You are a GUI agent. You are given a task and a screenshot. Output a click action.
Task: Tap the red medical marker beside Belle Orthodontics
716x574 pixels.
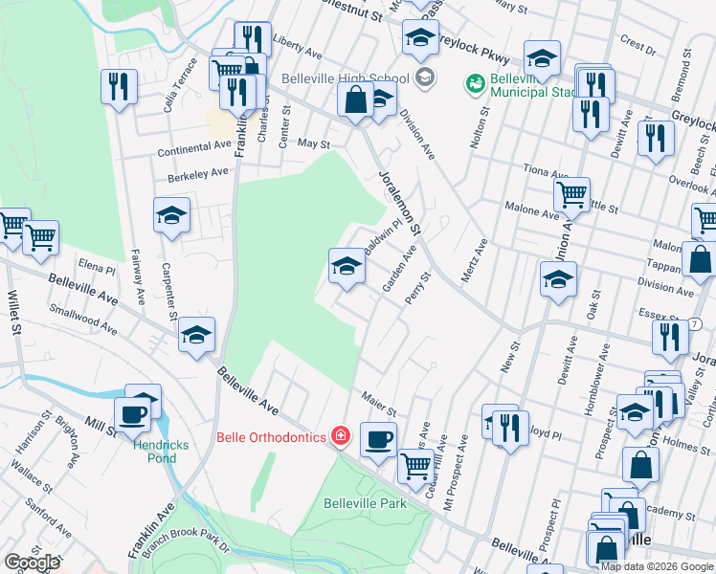[x=340, y=437]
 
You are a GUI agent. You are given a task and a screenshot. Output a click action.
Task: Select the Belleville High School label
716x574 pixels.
[x=346, y=79]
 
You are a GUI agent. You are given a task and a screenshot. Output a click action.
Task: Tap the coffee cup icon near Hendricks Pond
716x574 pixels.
[x=131, y=415]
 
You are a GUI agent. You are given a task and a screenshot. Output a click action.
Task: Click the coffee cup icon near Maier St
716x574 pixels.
[x=379, y=438]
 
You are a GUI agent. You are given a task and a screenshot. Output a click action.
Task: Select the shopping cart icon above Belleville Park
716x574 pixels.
[x=414, y=466]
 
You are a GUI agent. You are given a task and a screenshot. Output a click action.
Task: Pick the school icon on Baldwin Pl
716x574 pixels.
[x=347, y=266]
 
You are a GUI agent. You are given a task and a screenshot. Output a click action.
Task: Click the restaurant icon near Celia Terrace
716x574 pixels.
[x=119, y=86]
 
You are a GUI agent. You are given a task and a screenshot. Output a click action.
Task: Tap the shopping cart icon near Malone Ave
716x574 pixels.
[x=571, y=194]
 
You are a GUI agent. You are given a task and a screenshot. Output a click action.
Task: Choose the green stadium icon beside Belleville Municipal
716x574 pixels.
[x=474, y=85]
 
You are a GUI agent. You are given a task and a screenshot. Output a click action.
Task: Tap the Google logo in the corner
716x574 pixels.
[x=31, y=563]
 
